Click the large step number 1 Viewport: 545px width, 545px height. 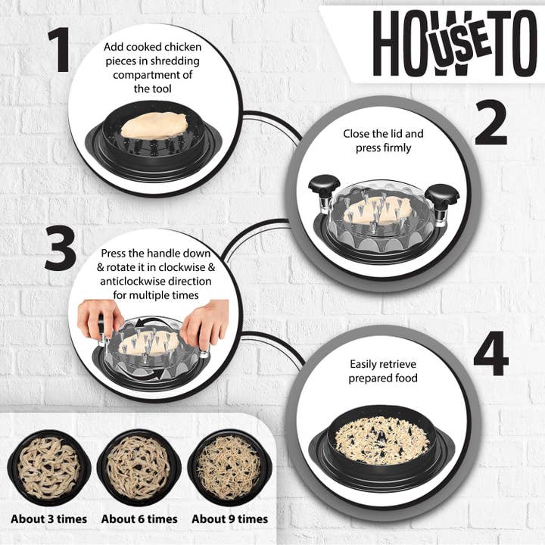[60, 51]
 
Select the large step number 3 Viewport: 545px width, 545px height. [61, 248]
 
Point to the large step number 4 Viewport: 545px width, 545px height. [491, 353]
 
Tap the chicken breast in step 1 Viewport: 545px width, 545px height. [154, 126]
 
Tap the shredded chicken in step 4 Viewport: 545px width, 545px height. [381, 440]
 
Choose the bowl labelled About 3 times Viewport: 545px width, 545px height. [49, 468]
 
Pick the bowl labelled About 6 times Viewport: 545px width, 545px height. [139, 468]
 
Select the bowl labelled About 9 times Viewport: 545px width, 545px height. [229, 468]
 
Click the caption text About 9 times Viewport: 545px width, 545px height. [230, 519]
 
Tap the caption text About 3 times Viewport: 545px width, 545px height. [49, 519]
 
